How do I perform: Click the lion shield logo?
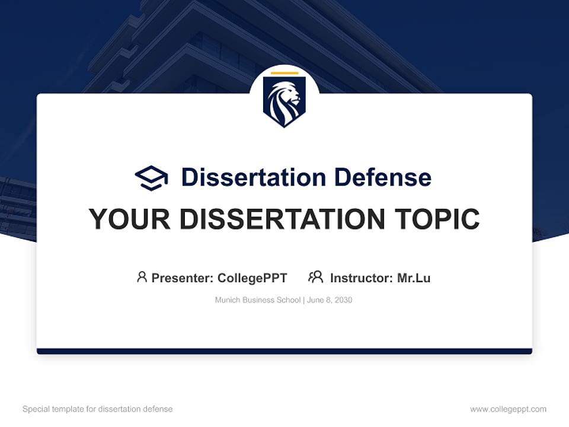point(284,101)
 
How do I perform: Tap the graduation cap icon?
point(151,177)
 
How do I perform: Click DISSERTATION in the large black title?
point(282,219)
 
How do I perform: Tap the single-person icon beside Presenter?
point(142,277)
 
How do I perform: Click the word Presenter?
point(181,278)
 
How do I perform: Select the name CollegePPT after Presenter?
point(252,278)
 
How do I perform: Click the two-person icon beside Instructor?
point(315,277)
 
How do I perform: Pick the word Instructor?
point(361,278)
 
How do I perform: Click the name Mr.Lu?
point(414,278)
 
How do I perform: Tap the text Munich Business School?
point(258,300)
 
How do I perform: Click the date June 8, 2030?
point(330,300)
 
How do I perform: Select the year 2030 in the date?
point(343,300)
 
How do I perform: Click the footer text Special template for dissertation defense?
point(98,409)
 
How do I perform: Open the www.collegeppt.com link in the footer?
point(508,409)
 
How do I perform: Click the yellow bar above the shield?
point(284,73)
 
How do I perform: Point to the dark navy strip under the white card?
point(284,351)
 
